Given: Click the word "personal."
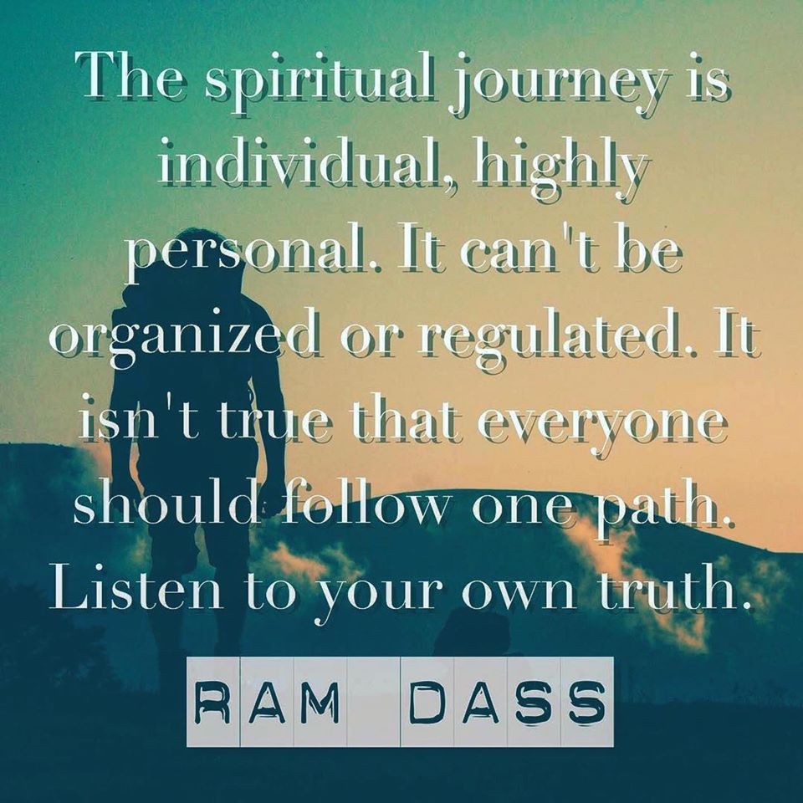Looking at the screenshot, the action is click(x=254, y=254).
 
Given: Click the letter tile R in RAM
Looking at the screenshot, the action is click(x=212, y=702).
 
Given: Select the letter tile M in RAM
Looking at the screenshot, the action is click(x=320, y=702).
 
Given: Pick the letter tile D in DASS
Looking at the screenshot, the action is click(x=427, y=702).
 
